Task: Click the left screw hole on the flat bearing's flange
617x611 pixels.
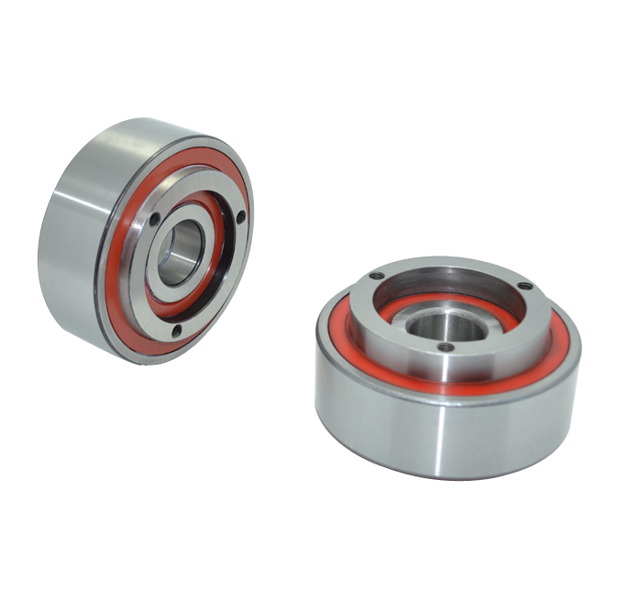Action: point(374,276)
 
